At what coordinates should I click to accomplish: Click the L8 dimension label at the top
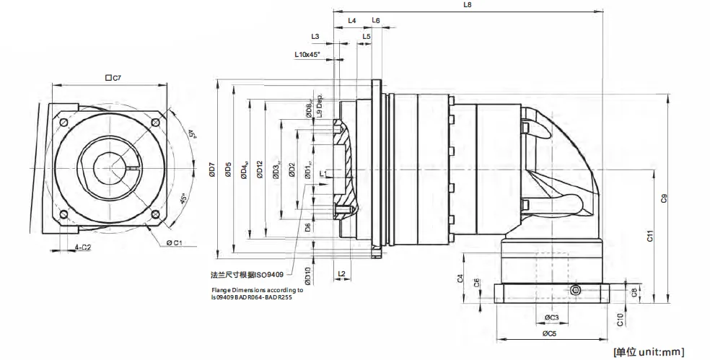tap(467, 4)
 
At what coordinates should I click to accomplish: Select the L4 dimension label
tap(351, 21)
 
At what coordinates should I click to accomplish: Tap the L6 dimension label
tap(376, 21)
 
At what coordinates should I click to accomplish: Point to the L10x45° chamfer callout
tap(307, 55)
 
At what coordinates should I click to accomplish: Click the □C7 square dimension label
tap(112, 77)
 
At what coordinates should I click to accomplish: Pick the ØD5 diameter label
tap(228, 170)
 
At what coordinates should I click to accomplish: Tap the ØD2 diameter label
tap(292, 170)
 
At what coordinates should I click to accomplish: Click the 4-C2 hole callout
tap(83, 247)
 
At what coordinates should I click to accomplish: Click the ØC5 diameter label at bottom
tap(550, 333)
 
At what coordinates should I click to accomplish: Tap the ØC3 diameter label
tap(550, 317)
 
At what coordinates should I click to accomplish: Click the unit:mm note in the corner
tap(647, 351)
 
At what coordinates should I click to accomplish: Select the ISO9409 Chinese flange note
tap(246, 275)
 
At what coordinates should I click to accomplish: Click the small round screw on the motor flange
tap(575, 289)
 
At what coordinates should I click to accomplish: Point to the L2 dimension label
tap(342, 273)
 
